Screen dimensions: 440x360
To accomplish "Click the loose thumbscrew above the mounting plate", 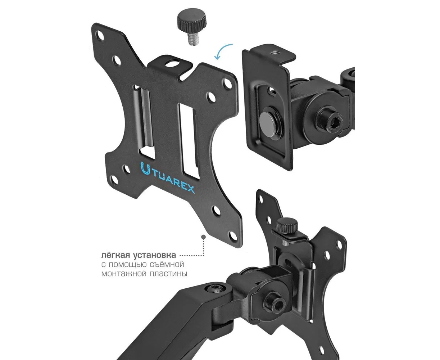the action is [191, 27].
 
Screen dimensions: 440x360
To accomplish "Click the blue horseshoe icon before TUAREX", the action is [145, 168].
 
